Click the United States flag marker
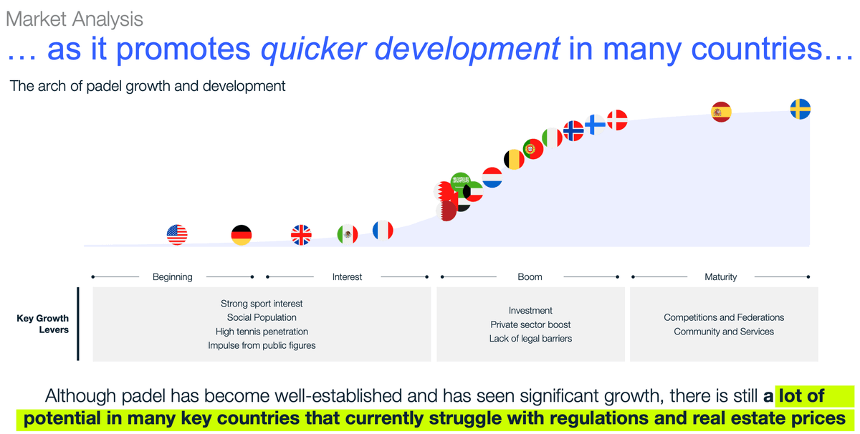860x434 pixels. click(x=177, y=234)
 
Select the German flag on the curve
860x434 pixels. click(x=242, y=235)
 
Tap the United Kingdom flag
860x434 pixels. click(x=301, y=235)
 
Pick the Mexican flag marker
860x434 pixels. click(x=348, y=234)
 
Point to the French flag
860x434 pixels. click(x=383, y=230)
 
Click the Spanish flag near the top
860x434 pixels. click(x=722, y=112)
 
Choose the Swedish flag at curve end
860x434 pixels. click(x=801, y=109)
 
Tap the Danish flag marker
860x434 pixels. click(x=617, y=120)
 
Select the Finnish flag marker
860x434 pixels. click(x=595, y=125)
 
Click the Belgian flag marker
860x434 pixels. click(x=514, y=159)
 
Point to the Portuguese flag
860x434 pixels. click(x=533, y=149)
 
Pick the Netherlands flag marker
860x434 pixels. click(x=492, y=178)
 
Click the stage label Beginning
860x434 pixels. click(x=173, y=277)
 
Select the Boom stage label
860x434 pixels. click(x=530, y=276)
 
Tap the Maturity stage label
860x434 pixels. click(x=721, y=277)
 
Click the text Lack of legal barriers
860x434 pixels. click(x=530, y=339)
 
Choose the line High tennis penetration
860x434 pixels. click(x=262, y=332)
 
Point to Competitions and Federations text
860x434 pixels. click(x=724, y=317)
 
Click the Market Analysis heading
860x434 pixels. click(x=75, y=19)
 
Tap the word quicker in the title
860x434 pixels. click(x=314, y=49)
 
